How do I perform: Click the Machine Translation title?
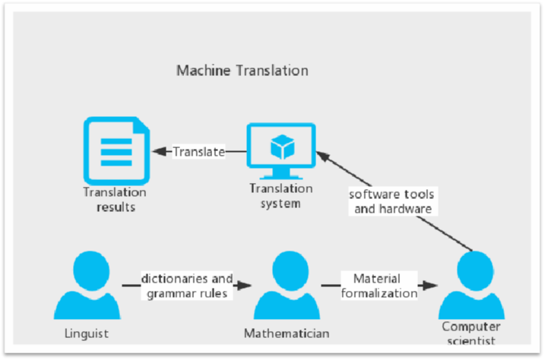tap(242, 71)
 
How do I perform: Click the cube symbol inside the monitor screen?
tap(281, 144)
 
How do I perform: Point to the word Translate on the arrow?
tap(198, 152)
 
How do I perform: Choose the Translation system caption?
tap(280, 196)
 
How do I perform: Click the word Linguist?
tap(86, 333)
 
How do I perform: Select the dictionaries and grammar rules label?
tap(187, 286)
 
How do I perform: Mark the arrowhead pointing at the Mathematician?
tap(245, 286)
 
